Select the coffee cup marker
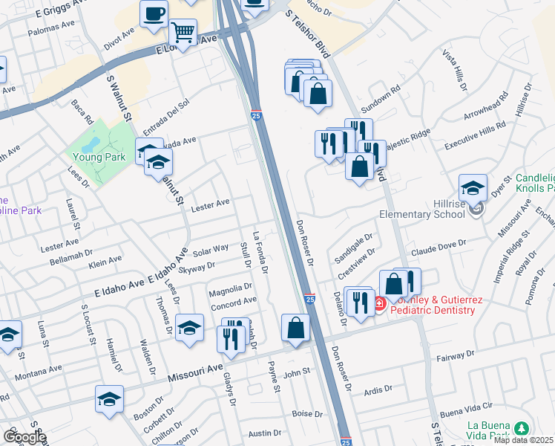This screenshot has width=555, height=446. click(154, 14)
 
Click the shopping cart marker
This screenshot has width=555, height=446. click(182, 32)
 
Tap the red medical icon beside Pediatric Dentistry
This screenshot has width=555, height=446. click(378, 303)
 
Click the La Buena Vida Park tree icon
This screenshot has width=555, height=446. click(522, 428)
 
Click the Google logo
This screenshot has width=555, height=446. click(24, 437)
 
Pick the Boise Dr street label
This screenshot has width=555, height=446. click(306, 414)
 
